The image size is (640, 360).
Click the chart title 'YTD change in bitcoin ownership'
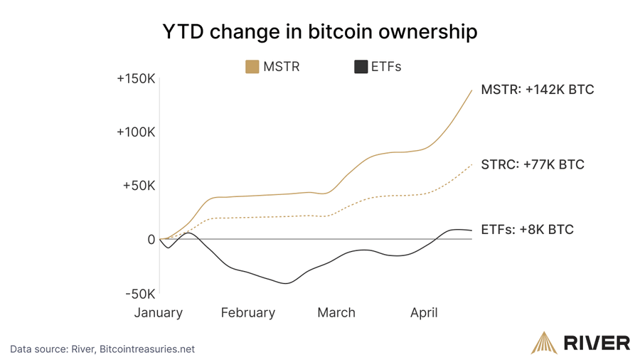click(320, 32)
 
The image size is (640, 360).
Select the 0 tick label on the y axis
click(151, 240)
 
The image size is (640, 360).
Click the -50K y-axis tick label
click(139, 294)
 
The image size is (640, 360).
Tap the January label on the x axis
click(159, 312)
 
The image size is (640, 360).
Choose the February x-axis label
click(247, 312)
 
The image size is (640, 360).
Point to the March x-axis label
click(336, 312)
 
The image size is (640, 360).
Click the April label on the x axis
click(424, 312)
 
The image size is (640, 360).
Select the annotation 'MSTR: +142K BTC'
click(537, 90)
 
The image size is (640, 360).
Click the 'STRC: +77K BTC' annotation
click(533, 164)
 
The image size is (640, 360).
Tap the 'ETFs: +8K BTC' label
click(527, 230)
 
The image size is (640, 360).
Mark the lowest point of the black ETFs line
click(286, 283)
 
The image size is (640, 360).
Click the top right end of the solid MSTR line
click(471, 90)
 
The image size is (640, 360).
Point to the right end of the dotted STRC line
click(471, 164)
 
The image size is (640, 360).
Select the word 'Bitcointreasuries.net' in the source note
click(147, 349)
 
